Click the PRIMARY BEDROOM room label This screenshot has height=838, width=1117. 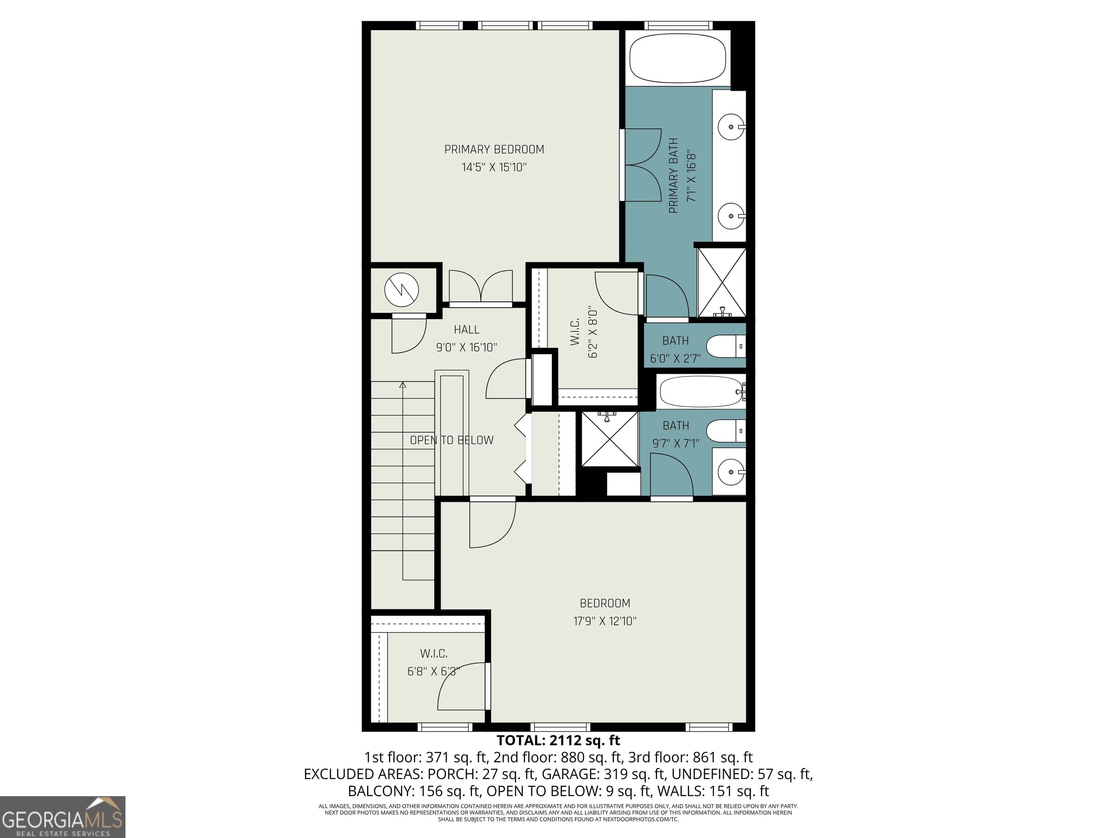click(x=494, y=149)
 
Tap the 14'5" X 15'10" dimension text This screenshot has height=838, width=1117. click(x=494, y=167)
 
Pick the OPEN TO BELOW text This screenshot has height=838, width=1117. click(x=452, y=440)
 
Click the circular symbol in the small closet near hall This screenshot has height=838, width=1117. click(x=401, y=290)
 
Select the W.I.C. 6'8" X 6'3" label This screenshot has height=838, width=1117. click(x=434, y=662)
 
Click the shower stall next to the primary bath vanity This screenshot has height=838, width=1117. click(x=722, y=282)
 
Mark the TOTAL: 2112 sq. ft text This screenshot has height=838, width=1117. click(x=558, y=741)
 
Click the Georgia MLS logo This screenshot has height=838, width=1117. click(x=63, y=817)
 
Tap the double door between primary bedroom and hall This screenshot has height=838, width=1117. click(x=481, y=288)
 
